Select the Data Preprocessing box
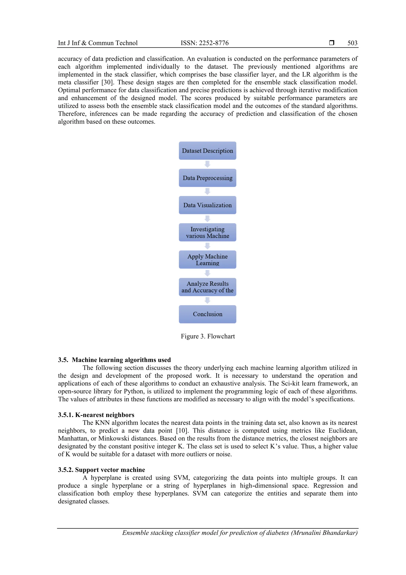point(207,178)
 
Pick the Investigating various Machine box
point(207,232)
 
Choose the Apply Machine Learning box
point(207,259)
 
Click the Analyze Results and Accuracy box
point(207,287)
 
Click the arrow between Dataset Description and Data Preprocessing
point(207,164)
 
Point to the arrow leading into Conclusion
point(207,301)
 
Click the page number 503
point(352,43)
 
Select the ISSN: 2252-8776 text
point(205,43)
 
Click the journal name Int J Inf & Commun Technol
point(98,43)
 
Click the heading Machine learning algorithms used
point(121,360)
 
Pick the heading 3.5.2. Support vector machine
point(101,470)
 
